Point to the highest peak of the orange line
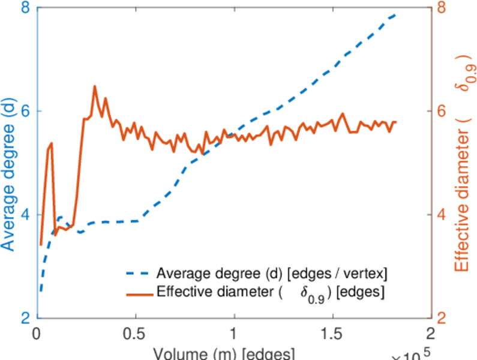pos(94,86)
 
